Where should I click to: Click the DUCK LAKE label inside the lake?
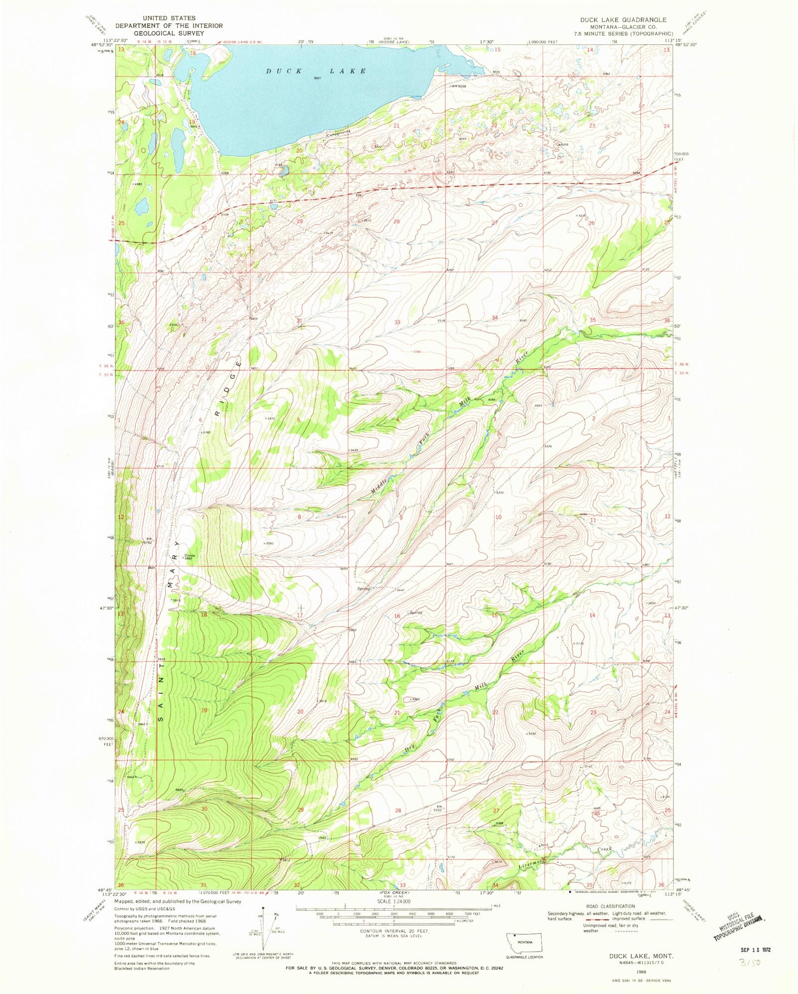point(316,71)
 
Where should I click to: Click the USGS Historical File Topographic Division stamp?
point(739,928)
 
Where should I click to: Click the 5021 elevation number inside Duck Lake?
point(316,78)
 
